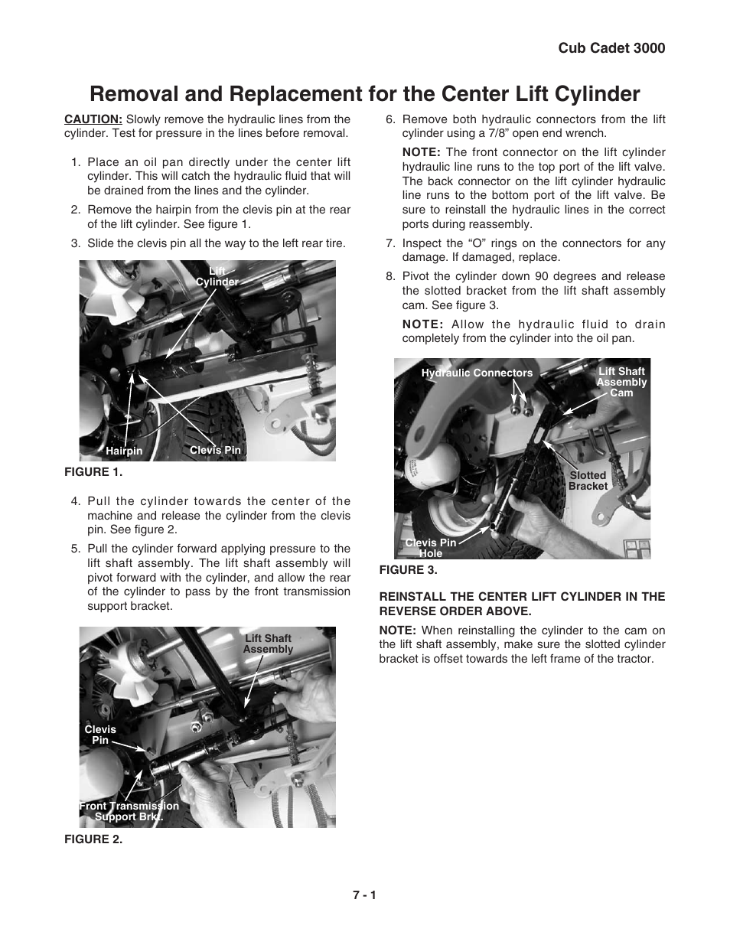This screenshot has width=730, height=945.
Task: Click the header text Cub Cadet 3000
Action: pyautogui.click(x=611, y=47)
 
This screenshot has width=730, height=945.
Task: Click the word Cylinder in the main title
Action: pyautogui.click(x=593, y=93)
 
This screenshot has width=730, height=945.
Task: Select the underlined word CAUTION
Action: pyautogui.click(x=93, y=119)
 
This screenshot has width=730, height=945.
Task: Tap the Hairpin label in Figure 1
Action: pyautogui.click(x=124, y=451)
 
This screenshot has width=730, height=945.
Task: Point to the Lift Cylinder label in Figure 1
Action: pyautogui.click(x=217, y=276)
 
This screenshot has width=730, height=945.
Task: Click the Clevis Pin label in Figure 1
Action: pyautogui.click(x=215, y=450)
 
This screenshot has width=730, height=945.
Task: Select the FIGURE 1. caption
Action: pyautogui.click(x=93, y=472)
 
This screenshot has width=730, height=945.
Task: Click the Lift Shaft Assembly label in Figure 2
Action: pyautogui.click(x=268, y=644)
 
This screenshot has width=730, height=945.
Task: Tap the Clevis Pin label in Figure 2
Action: pyautogui.click(x=100, y=735)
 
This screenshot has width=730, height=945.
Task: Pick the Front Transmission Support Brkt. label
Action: pyautogui.click(x=129, y=811)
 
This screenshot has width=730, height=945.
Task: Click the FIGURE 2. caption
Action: pyautogui.click(x=93, y=839)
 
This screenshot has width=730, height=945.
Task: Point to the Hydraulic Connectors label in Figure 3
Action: pyautogui.click(x=477, y=373)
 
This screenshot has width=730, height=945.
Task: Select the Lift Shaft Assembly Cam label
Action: pyautogui.click(x=621, y=382)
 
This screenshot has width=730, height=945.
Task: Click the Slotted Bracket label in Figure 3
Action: pyautogui.click(x=588, y=481)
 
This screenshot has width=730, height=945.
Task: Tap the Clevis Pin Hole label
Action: pyautogui.click(x=431, y=548)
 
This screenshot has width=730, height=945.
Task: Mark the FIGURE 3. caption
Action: pyautogui.click(x=408, y=570)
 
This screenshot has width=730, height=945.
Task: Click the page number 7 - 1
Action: pyautogui.click(x=365, y=894)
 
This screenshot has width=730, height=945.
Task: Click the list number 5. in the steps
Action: pyautogui.click(x=76, y=549)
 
